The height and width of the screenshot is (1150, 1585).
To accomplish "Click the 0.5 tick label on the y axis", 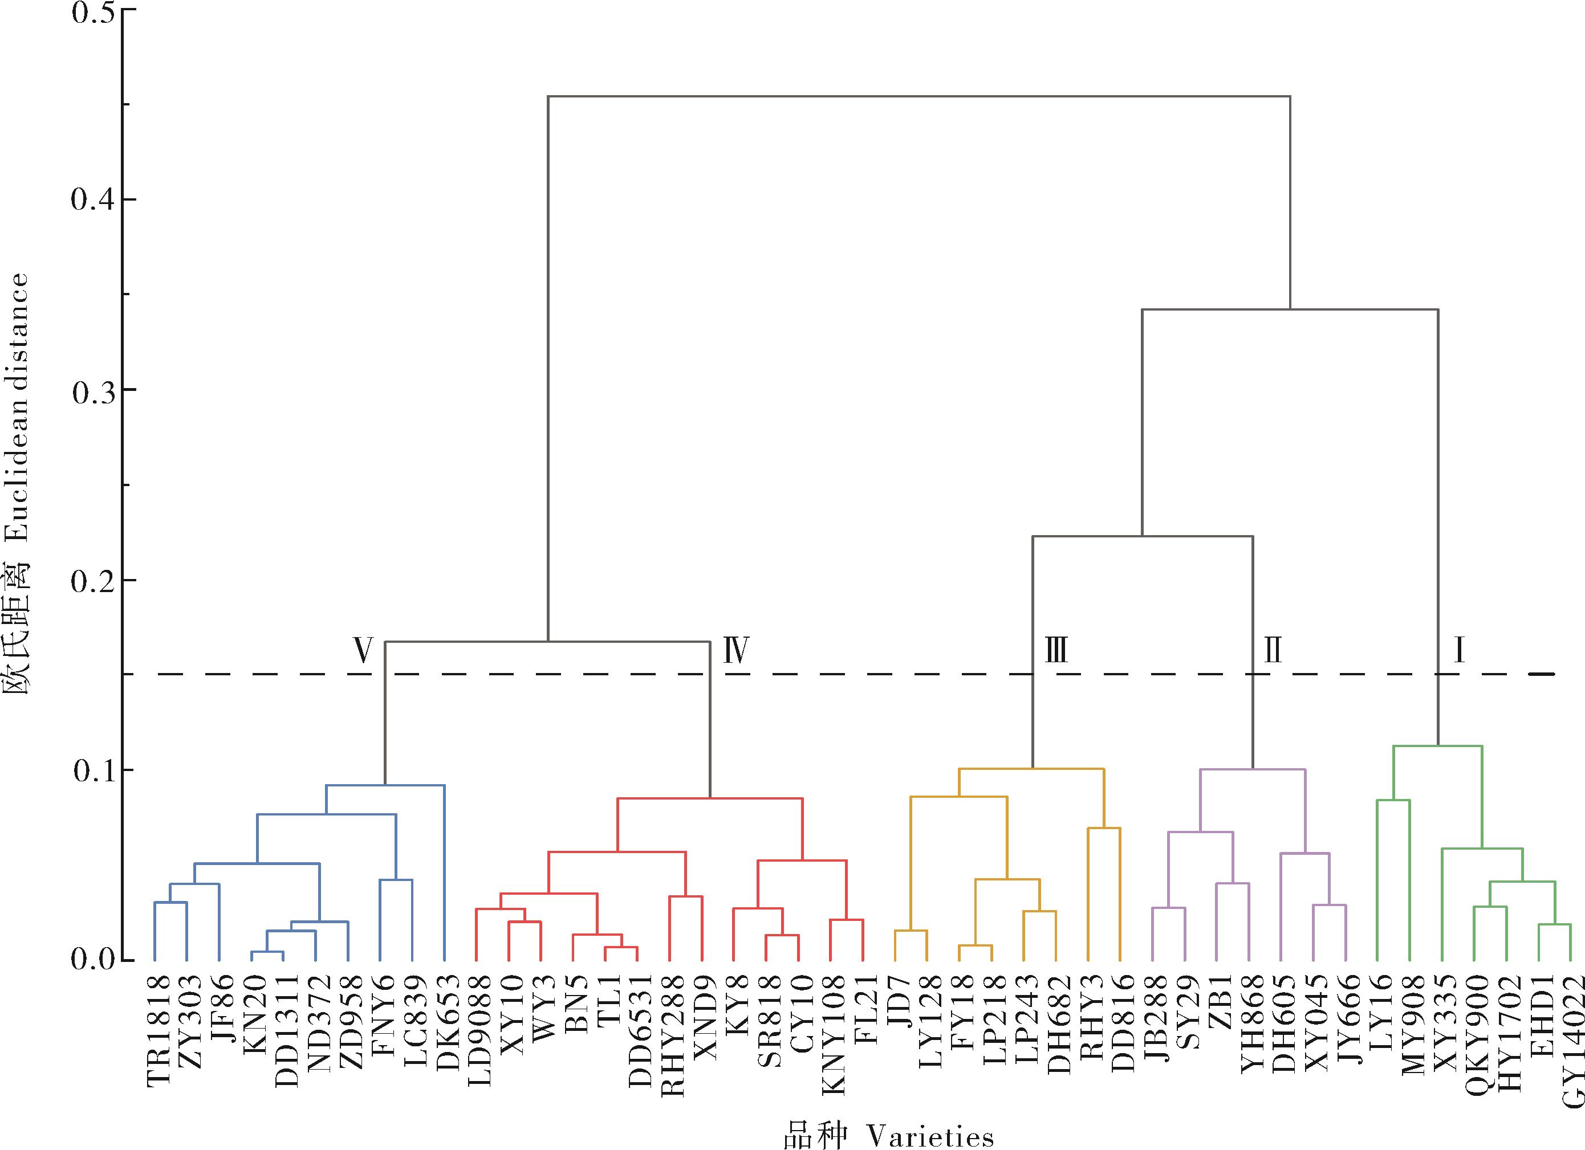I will pyautogui.click(x=93, y=13).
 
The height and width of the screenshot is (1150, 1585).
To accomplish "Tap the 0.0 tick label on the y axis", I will pyautogui.click(x=93, y=960).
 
